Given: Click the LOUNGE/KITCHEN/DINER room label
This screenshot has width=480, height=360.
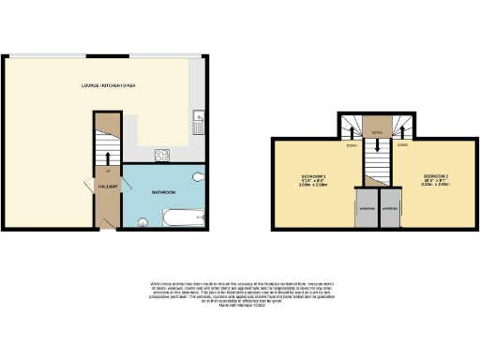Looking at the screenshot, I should click(x=109, y=85).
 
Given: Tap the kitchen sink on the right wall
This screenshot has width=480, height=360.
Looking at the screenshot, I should click(x=199, y=122).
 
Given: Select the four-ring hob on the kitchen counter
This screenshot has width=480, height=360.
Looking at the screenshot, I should click(x=161, y=155).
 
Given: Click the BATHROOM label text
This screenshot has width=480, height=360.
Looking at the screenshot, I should click(x=163, y=191).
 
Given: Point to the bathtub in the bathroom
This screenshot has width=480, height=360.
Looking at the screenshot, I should click(x=182, y=217).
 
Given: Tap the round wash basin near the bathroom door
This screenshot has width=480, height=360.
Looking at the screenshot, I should click(x=143, y=222).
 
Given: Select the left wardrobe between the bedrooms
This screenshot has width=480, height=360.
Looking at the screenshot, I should click(x=363, y=209).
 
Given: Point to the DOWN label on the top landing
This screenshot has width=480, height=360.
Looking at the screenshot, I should click(x=377, y=132).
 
